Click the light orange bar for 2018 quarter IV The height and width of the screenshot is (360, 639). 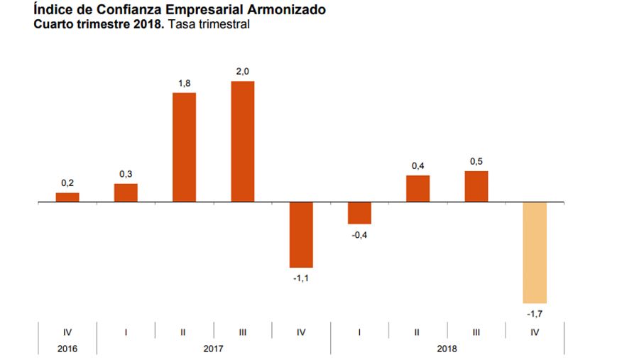535,252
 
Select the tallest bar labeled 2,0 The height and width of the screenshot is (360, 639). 243,141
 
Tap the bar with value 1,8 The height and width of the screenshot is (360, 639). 184,147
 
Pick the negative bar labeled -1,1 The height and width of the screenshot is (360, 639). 301,234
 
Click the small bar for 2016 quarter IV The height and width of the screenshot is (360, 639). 67,197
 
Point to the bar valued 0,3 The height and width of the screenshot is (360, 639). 126,192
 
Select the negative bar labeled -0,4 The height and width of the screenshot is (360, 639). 359,213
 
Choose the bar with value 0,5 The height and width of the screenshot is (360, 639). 476,186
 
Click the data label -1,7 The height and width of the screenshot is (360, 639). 535,312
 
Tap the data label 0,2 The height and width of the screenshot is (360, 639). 67,183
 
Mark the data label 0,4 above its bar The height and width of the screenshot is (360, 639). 418,166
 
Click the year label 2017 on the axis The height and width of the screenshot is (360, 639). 213,349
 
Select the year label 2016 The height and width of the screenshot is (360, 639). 67,349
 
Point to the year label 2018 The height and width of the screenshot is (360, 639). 447,349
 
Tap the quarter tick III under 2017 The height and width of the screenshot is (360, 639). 243,332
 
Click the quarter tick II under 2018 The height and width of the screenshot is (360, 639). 418,332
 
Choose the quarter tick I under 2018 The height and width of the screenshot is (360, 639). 359,332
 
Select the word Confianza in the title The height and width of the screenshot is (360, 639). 122,11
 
